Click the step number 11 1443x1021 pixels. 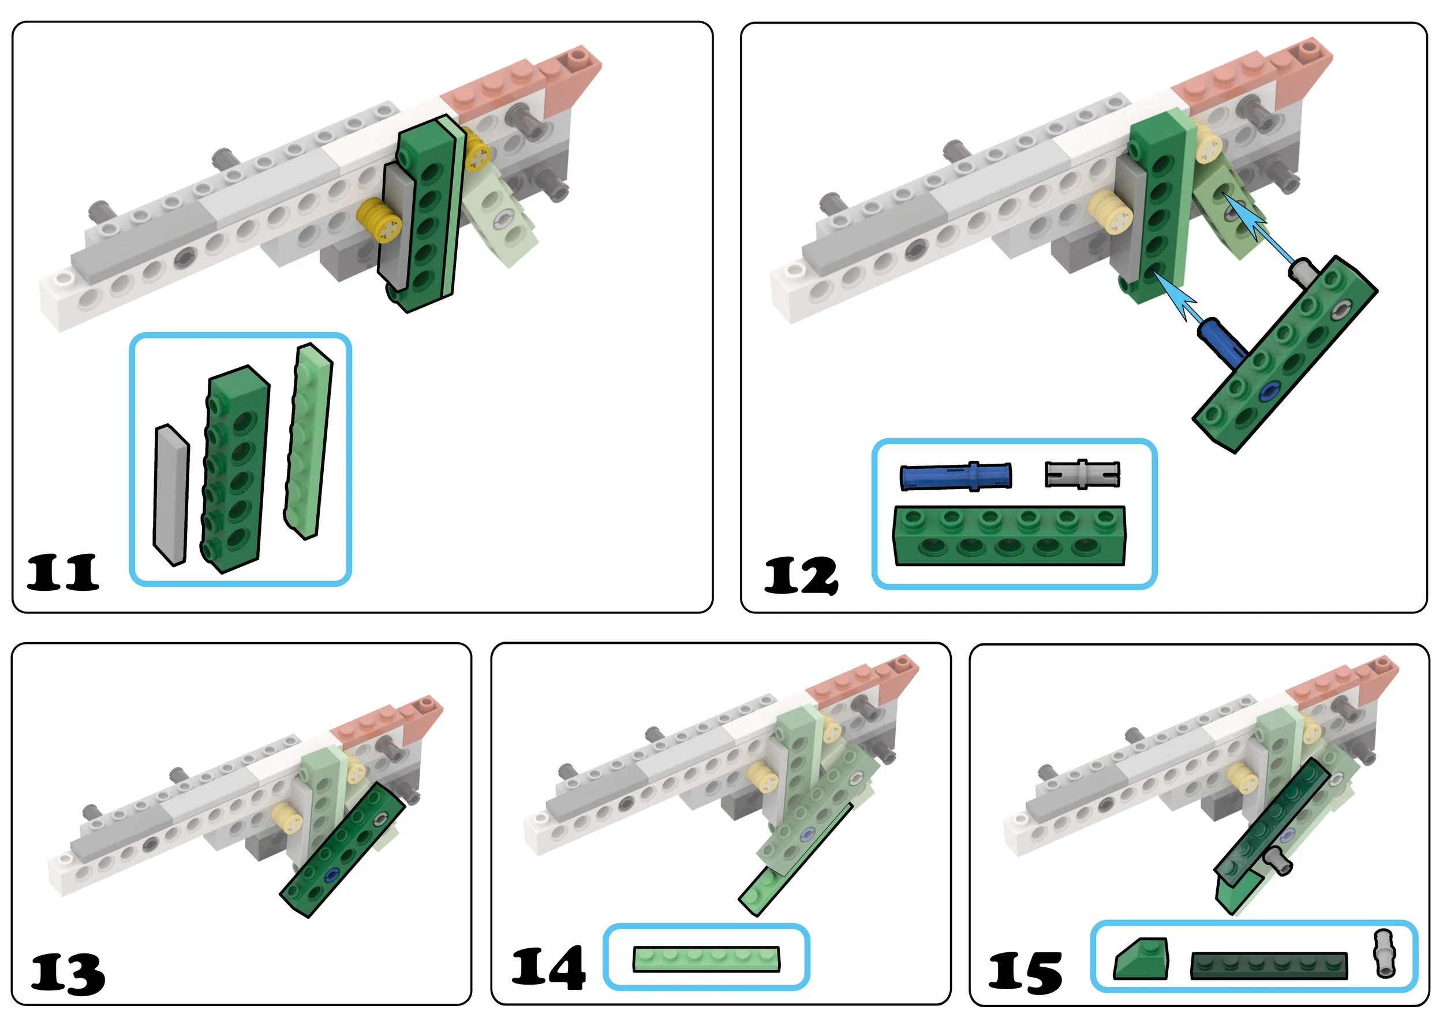63,572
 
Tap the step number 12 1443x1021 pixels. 801,575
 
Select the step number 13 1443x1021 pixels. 68,973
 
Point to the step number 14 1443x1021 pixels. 548,968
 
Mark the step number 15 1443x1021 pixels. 1025,972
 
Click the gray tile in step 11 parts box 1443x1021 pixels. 171,495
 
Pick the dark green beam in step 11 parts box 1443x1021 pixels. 235,468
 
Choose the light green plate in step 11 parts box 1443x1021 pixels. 308,441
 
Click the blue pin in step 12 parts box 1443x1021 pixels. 956,476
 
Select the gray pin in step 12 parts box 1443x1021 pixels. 1082,474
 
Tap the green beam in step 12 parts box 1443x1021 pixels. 1010,536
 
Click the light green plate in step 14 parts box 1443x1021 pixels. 706,959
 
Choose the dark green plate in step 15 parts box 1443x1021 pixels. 1269,965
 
